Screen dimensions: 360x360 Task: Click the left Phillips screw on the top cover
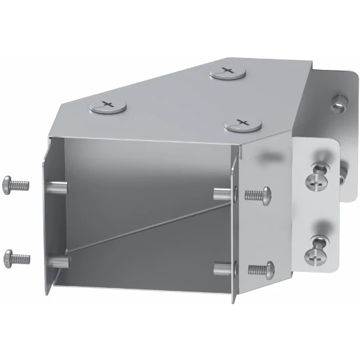click(106, 106)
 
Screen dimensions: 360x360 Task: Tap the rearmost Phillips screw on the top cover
click(226, 71)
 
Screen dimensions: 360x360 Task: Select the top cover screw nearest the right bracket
click(243, 124)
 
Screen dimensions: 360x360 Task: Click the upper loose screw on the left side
click(17, 185)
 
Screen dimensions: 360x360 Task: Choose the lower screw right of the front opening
click(261, 268)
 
